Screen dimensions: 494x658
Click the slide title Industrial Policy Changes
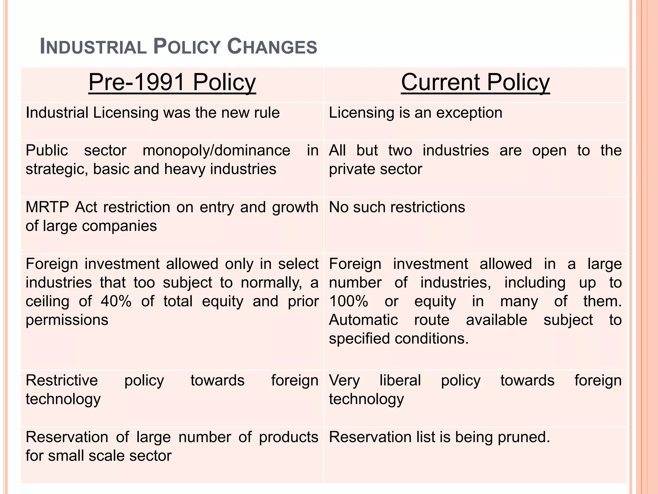coord(178,47)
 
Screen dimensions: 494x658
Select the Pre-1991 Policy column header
coord(172,82)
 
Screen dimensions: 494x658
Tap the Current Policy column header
coord(475,82)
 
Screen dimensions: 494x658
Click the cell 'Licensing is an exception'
coord(415,113)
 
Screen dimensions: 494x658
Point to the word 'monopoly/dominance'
coord(216,151)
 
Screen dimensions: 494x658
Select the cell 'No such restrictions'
coord(397,207)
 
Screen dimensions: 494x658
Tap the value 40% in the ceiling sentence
coord(116,301)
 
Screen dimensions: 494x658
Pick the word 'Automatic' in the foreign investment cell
coord(363,320)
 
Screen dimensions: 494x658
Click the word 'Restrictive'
coord(62,380)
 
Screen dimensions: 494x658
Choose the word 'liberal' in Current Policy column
coord(400,380)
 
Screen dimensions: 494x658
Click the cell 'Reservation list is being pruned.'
coord(440,437)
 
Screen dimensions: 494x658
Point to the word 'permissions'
coord(67,320)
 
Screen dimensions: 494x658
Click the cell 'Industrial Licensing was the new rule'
coord(153,113)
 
